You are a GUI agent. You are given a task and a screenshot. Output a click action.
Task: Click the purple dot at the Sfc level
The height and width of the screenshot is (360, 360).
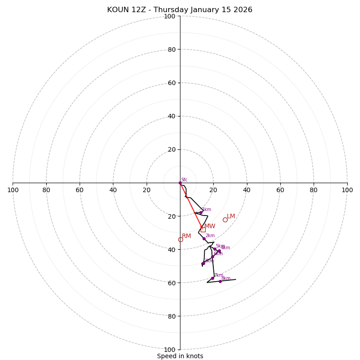[180, 183]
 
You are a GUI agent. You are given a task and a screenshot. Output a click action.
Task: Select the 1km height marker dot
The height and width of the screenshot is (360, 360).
[201, 212]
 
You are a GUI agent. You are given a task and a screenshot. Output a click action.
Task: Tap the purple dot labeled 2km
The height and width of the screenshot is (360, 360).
[204, 238]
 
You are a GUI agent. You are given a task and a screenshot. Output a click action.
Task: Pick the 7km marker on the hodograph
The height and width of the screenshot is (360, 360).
[213, 278]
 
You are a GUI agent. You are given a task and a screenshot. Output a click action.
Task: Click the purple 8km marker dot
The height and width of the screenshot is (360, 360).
[220, 281]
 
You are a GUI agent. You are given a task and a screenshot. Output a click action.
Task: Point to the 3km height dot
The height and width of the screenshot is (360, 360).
[203, 263]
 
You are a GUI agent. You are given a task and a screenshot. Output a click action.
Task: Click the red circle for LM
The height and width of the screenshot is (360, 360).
[225, 220]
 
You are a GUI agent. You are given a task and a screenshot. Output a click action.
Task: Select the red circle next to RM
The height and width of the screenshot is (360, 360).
[180, 239]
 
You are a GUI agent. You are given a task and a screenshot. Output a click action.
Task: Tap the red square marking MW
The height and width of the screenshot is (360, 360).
[203, 229]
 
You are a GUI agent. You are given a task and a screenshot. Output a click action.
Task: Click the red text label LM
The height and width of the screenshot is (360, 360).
[231, 216]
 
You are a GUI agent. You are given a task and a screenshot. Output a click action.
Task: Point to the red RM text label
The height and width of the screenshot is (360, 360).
[186, 236]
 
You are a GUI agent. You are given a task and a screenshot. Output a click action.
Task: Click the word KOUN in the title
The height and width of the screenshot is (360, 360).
[117, 10]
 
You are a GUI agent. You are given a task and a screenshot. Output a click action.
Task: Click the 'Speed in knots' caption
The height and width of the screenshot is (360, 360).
[180, 356]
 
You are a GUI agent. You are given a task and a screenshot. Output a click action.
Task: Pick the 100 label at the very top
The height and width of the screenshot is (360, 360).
[170, 17]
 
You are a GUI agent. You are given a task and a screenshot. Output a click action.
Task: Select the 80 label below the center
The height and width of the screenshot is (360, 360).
[171, 316]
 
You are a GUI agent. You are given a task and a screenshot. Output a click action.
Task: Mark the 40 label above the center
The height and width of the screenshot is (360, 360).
[171, 116]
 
